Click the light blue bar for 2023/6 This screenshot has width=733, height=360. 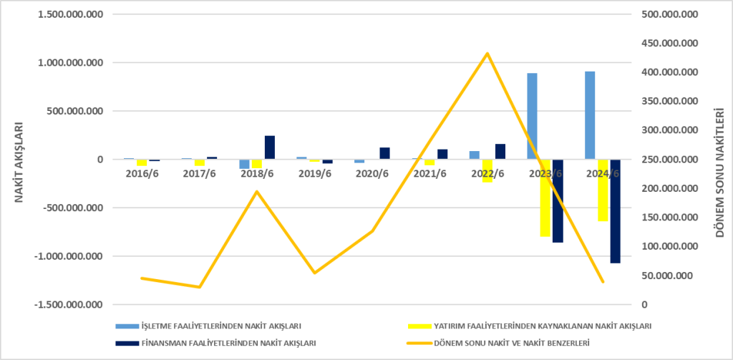tap(532, 117)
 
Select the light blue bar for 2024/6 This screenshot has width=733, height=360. tap(590, 115)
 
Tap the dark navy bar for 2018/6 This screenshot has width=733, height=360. tap(270, 147)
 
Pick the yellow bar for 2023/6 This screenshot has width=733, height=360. tap(545, 198)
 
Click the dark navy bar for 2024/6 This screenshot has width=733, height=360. tap(615, 211)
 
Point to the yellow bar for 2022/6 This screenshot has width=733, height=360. tap(487, 171)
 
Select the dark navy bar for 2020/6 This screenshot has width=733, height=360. tap(384, 154)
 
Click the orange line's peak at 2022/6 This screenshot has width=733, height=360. tap(487, 53)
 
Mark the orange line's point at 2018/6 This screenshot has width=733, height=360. tap(257, 191)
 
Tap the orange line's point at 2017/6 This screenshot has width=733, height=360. tap(199, 287)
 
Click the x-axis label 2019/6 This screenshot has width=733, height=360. tap(315, 172)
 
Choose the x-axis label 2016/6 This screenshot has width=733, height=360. tap(142, 172)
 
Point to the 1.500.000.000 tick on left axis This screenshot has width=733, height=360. tap(72, 14)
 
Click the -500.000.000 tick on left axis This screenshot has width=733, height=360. tap(74, 208)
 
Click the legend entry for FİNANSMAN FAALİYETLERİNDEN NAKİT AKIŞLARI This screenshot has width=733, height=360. tap(215, 343)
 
